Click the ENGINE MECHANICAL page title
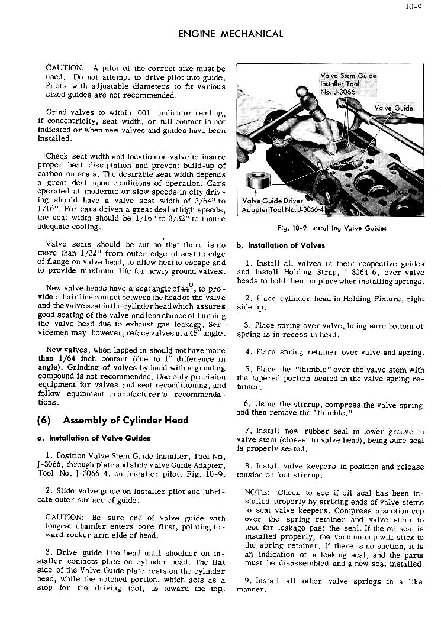point(230,34)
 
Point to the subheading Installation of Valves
point(281,245)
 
